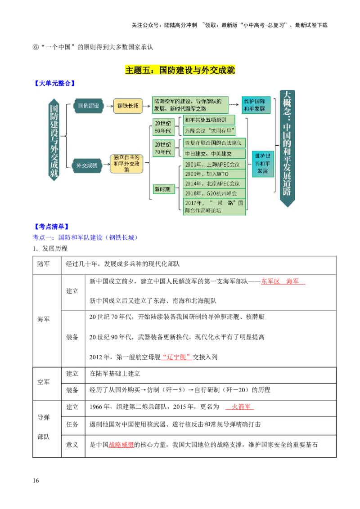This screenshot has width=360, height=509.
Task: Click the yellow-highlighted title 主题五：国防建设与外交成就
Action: (x=180, y=70)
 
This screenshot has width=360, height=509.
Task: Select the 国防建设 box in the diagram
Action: (x=88, y=106)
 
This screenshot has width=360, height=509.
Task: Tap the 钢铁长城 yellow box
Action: (x=127, y=106)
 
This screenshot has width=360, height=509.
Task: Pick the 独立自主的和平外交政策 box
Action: (x=126, y=164)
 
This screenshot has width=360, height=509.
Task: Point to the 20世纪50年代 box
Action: (x=163, y=126)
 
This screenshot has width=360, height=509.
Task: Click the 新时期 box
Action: (x=162, y=189)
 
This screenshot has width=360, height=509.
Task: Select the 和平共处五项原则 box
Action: (x=209, y=120)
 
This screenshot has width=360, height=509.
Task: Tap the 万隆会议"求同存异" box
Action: (x=209, y=131)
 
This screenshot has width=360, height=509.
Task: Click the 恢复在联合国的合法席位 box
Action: (x=214, y=143)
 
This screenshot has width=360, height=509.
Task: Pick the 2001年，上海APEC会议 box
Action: (x=214, y=164)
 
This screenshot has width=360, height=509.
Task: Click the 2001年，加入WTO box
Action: (x=214, y=174)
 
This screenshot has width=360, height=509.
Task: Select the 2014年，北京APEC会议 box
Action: (x=214, y=183)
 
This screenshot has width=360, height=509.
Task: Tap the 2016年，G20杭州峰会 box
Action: (x=214, y=193)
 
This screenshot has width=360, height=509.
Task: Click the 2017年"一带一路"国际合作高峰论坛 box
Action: (x=214, y=206)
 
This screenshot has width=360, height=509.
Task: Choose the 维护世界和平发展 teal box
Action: (x=262, y=164)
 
